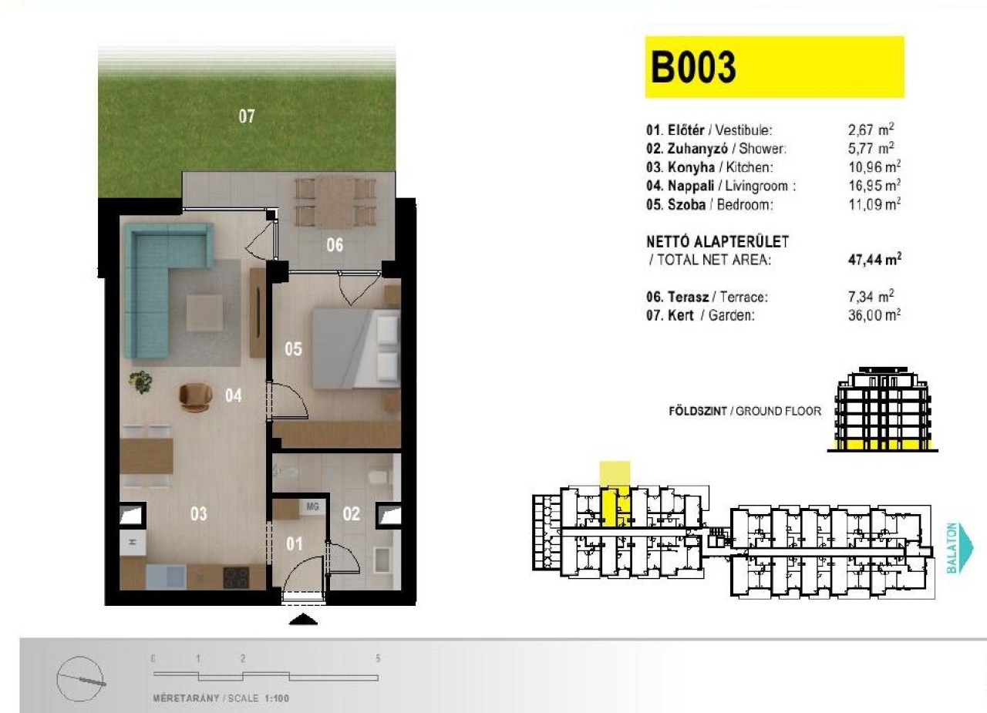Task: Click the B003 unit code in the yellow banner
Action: pos(693,67)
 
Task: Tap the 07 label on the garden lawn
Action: pos(247,116)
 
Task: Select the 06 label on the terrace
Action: pos(335,245)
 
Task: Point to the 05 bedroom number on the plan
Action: pos(293,349)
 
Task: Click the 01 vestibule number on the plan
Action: pos(294,544)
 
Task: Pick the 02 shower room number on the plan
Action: pos(351,513)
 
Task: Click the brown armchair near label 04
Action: pos(195,397)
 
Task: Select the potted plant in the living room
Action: pos(141,382)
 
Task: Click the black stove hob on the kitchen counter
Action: pos(236,578)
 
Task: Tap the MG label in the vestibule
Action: pos(312,507)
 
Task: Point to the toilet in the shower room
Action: pos(378,476)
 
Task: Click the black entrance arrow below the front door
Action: pos(303,619)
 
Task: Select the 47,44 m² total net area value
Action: pos(874,259)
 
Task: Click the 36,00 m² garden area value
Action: pos(874,315)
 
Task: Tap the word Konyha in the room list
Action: pos(691,167)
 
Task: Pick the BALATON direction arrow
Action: pos(962,548)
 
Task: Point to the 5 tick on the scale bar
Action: pos(378,658)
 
